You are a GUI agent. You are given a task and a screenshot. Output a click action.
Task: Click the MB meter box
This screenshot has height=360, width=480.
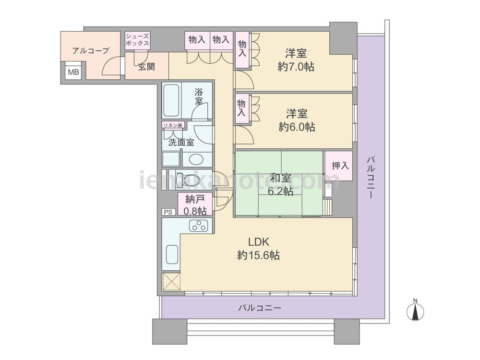(x=73, y=72)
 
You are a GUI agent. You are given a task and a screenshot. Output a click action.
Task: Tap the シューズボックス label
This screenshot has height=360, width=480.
(x=137, y=40)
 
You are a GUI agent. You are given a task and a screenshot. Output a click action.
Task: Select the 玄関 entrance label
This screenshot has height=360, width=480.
(x=146, y=66)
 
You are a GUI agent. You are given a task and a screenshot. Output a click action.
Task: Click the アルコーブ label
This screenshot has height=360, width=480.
(x=91, y=50)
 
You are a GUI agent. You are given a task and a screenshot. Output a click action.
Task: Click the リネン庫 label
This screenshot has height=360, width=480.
(x=173, y=125)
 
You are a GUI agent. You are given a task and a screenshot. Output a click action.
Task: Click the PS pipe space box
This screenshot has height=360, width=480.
(x=168, y=212)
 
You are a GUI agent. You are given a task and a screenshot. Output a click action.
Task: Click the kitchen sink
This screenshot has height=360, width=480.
(x=172, y=254)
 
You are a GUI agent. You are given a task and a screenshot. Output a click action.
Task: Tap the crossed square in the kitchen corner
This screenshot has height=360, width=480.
(x=171, y=281)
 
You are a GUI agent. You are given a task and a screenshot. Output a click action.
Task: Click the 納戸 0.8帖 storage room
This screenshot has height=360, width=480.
(x=195, y=204)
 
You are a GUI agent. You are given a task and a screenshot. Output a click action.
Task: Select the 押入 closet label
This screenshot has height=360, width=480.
(x=340, y=166)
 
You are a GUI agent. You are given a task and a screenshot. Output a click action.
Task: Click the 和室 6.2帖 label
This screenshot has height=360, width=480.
(x=280, y=184)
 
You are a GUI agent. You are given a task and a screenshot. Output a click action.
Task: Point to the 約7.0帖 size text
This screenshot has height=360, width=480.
(x=296, y=67)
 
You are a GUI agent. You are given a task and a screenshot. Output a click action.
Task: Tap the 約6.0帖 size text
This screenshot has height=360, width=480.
(x=297, y=127)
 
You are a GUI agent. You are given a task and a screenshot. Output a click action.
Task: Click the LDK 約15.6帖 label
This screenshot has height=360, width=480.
(x=258, y=248)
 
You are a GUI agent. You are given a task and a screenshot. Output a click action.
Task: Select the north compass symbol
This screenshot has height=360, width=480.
(x=415, y=310)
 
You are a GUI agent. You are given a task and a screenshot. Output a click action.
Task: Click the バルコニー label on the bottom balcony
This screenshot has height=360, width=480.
(x=260, y=308)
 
